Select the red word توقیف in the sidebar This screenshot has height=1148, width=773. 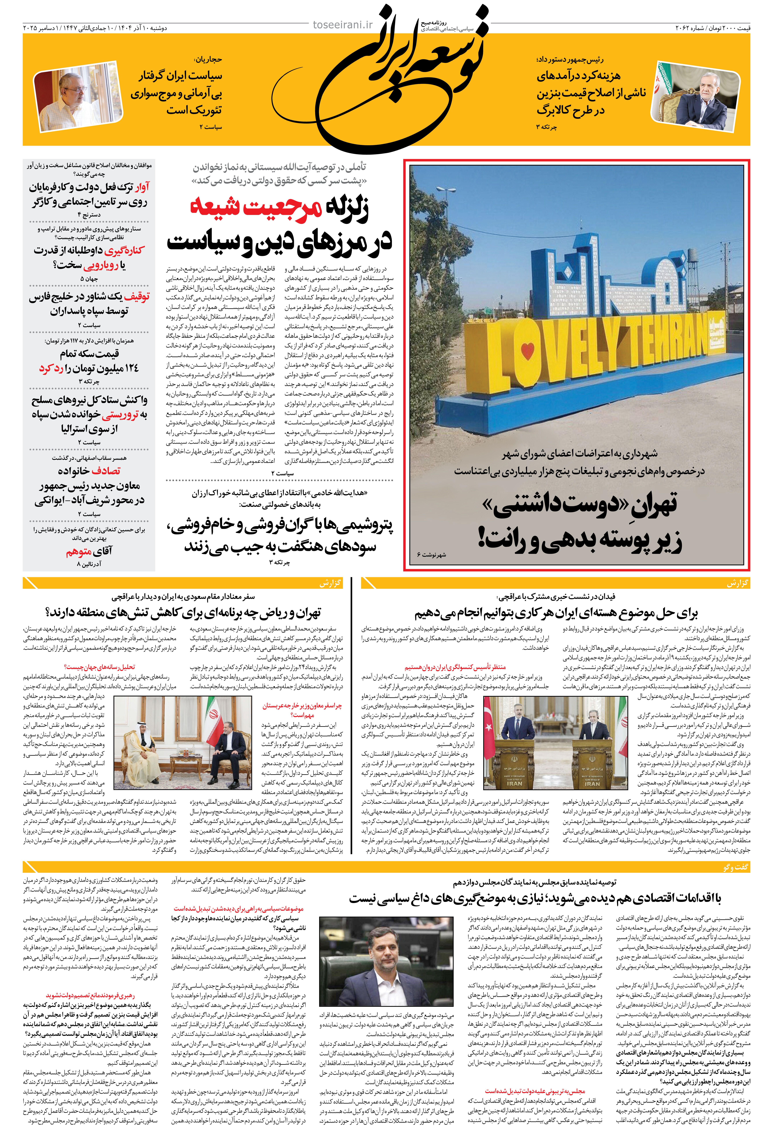click(x=137, y=297)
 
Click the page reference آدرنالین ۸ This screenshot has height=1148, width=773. click(x=89, y=563)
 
